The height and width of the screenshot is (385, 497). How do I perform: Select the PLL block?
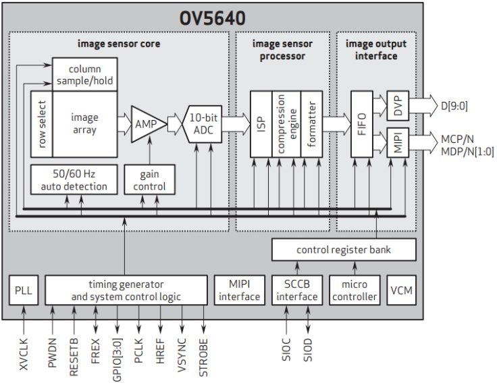24,291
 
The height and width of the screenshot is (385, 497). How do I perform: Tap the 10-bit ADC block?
203,123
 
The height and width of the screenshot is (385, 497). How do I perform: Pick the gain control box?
149,180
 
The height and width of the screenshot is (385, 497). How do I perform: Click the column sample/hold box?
84,74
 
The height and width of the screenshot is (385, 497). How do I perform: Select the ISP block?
261,124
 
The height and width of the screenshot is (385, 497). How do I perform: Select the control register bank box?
344,249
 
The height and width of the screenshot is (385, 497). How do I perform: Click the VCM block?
402,291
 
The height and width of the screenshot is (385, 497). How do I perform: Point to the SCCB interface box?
296,291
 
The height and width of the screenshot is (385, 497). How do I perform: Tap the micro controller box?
355,291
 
